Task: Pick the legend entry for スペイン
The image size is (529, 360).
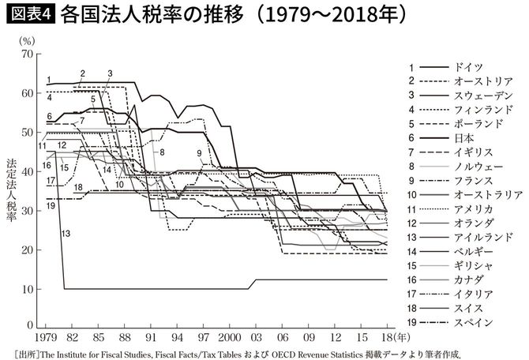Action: click(x=473, y=322)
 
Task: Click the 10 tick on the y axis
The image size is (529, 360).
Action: click(x=29, y=288)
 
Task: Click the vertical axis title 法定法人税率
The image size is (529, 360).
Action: click(x=10, y=189)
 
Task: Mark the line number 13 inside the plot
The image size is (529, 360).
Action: click(x=66, y=233)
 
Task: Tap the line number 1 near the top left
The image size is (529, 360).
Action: click(x=49, y=79)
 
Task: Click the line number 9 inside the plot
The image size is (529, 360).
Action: click(x=201, y=152)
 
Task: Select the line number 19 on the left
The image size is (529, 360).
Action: click(x=49, y=204)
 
